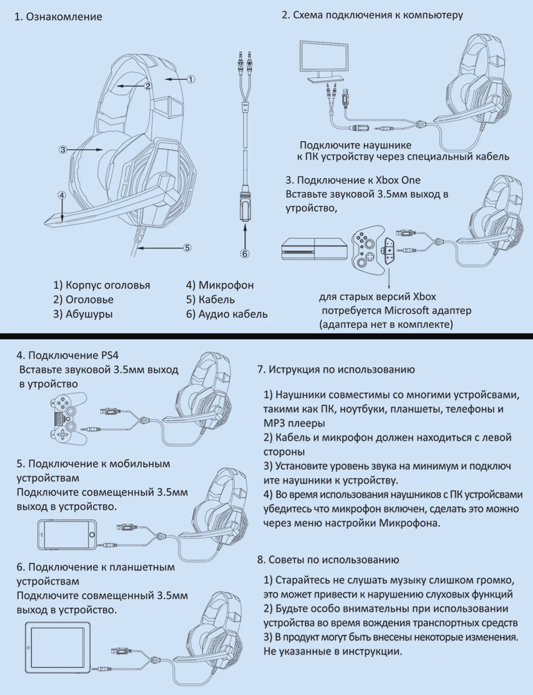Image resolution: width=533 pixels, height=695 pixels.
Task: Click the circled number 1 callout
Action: click(x=191, y=79)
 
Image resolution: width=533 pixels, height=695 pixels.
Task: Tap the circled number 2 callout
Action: click(x=148, y=85)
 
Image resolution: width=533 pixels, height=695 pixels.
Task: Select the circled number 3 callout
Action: click(x=63, y=150)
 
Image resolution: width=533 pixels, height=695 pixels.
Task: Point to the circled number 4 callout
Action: click(x=62, y=196)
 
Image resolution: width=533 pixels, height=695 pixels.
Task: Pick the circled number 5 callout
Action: click(x=187, y=247)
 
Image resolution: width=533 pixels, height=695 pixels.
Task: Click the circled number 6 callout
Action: click(x=245, y=254)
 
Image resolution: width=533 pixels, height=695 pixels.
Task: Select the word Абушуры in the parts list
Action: click(x=89, y=314)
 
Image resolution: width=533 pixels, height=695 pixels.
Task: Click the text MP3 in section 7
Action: click(x=274, y=423)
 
